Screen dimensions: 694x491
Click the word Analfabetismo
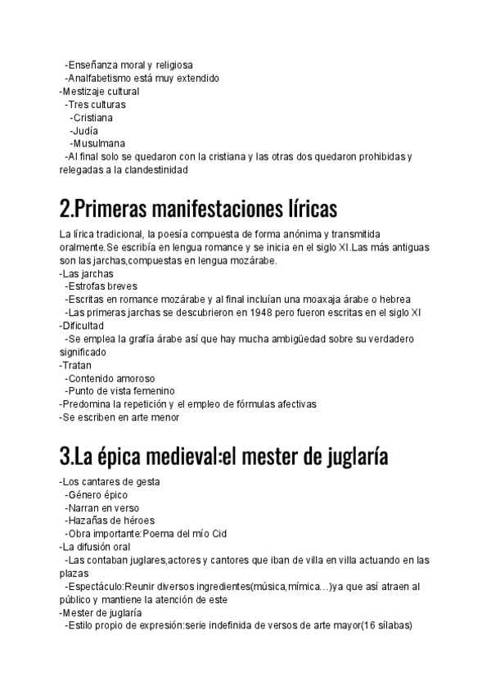click(99, 79)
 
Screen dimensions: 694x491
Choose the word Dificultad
click(83, 326)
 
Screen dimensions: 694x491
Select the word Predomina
click(86, 404)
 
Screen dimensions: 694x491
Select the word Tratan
click(77, 365)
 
